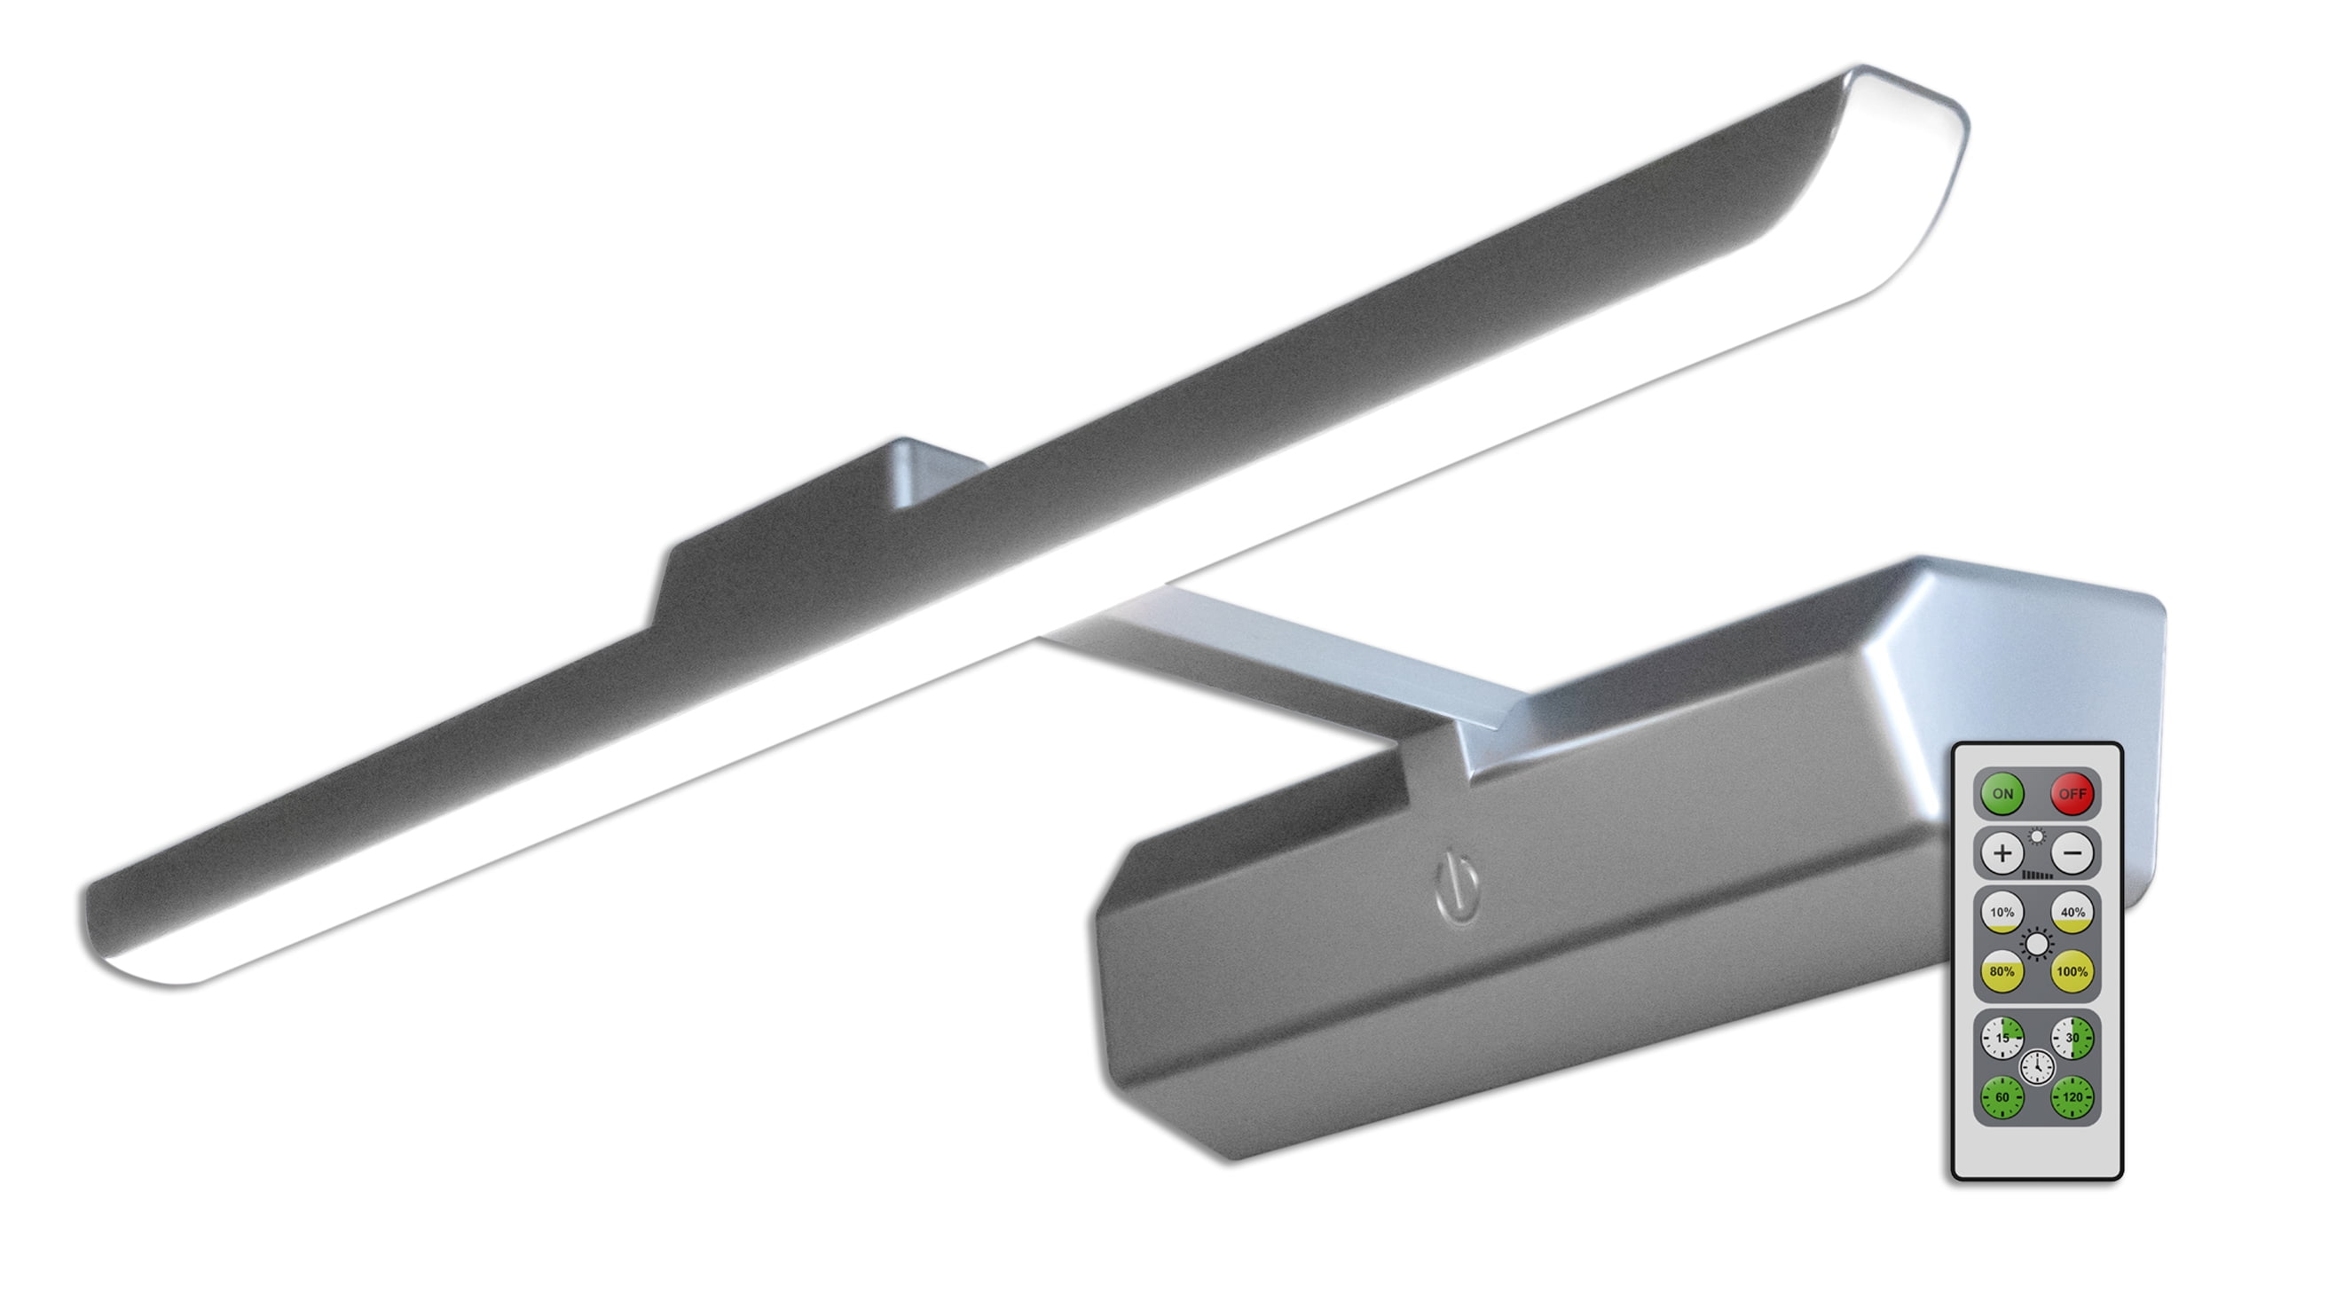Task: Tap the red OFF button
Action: (x=2073, y=793)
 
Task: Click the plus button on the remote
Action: (x=2002, y=853)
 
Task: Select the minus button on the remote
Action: (x=2073, y=853)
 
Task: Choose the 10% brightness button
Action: (x=2002, y=912)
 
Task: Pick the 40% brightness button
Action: (x=2073, y=912)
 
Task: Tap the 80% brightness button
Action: (x=2002, y=971)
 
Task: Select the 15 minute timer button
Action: (x=2002, y=1037)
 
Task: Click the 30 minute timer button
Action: (x=2073, y=1037)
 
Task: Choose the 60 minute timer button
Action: (x=2002, y=1097)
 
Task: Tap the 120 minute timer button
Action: (x=2073, y=1097)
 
